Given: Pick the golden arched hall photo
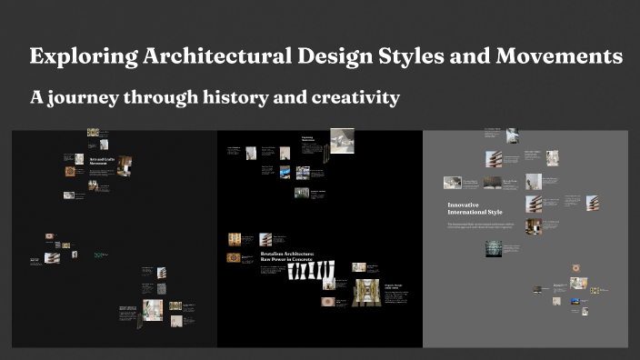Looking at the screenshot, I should [x=365, y=292].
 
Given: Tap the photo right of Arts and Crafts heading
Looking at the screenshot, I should [x=124, y=165].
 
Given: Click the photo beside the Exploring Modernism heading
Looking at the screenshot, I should [x=342, y=138].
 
